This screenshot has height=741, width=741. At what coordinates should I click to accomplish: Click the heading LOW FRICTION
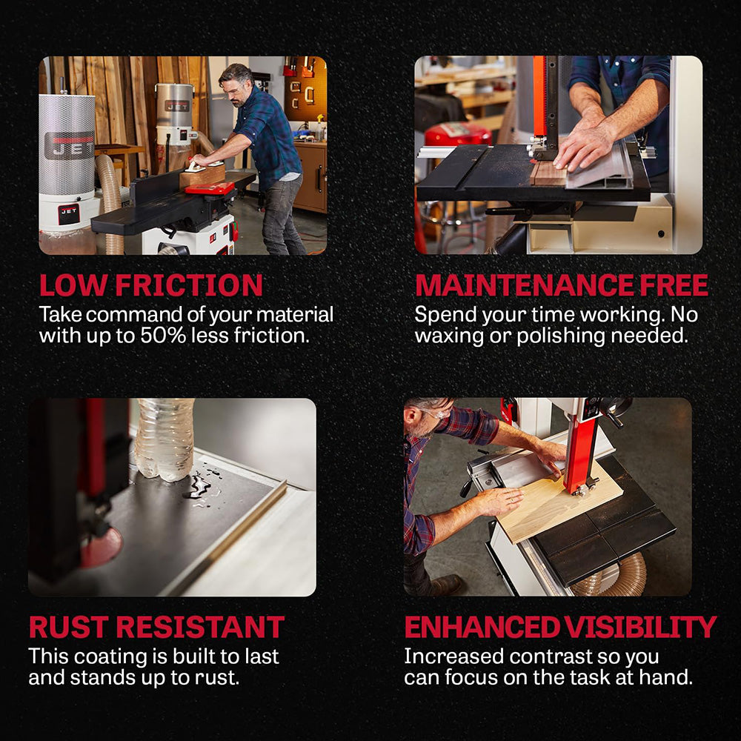click(150, 285)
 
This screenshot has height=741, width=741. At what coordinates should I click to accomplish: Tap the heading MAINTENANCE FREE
click(562, 285)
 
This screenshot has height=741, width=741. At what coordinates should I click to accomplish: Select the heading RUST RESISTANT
click(156, 627)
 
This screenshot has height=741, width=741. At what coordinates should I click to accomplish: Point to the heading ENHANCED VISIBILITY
click(560, 627)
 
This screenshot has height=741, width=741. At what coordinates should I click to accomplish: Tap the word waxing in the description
click(448, 336)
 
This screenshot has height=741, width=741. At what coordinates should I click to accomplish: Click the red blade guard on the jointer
click(210, 189)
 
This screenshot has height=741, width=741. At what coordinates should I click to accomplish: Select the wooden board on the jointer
click(202, 176)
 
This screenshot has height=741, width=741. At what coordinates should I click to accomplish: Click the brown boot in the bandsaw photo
click(444, 585)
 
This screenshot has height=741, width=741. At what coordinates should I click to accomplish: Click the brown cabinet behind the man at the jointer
click(310, 176)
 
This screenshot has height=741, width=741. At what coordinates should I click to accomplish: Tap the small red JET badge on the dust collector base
click(68, 214)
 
